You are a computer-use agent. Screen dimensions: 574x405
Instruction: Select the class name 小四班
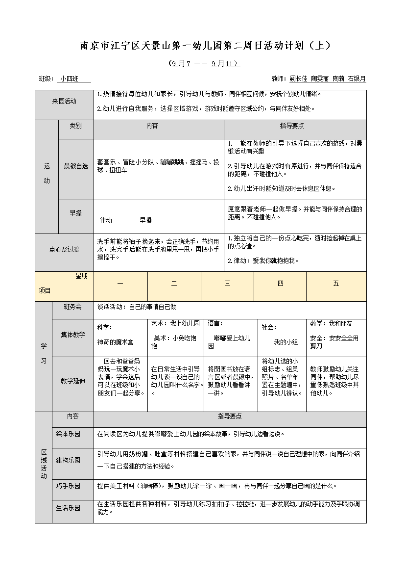tap(70, 78)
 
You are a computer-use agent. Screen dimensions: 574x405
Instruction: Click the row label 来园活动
tap(64, 101)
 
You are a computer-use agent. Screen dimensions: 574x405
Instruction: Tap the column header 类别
tap(75, 126)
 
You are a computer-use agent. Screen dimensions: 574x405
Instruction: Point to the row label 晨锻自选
tap(75, 166)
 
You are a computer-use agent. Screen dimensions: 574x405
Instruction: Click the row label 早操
tap(75, 213)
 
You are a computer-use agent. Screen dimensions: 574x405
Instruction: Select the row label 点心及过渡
tap(64, 250)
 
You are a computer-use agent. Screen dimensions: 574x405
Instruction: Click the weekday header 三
tap(227, 284)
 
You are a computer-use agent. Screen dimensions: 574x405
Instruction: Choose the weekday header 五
tap(336, 284)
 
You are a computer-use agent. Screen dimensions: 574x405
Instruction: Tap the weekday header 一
tap(120, 284)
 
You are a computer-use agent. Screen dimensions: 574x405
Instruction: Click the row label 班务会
tap(72, 307)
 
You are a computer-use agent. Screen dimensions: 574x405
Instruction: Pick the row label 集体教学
tap(72, 335)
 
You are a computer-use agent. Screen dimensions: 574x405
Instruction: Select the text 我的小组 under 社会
tap(286, 342)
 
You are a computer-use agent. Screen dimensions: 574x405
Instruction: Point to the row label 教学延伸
tap(72, 381)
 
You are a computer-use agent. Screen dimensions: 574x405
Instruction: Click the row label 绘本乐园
tap(68, 434)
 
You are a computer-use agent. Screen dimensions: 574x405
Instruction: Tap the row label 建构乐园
tap(68, 460)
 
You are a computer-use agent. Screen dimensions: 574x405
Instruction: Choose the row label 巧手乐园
tap(68, 486)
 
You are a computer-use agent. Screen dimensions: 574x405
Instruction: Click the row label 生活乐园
tap(68, 508)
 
